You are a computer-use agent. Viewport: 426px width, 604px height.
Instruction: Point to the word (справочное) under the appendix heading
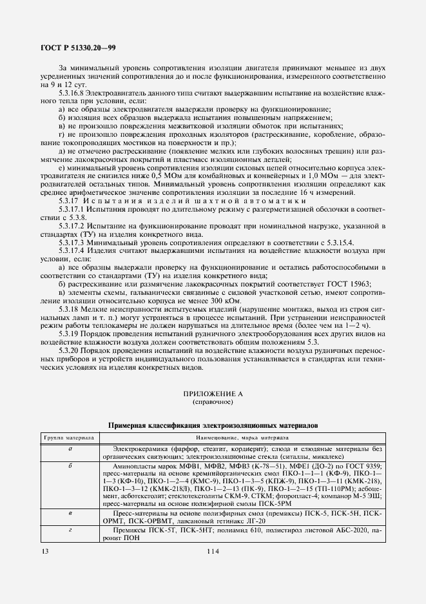213,401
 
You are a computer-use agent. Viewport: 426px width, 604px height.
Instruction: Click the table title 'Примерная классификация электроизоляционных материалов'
213,426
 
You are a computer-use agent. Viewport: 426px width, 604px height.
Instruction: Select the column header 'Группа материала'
69,438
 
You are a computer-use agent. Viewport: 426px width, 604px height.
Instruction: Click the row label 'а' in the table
69,448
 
